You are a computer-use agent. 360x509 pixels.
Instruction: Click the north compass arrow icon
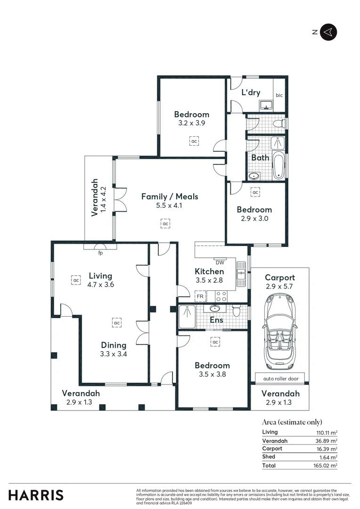[328, 32]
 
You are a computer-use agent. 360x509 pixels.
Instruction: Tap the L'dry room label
[251, 93]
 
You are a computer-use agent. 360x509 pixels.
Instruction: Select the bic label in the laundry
[279, 94]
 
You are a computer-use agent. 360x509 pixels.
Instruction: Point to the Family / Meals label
[170, 197]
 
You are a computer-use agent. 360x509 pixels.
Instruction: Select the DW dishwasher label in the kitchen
[220, 262]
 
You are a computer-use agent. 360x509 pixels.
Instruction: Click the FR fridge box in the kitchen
[200, 296]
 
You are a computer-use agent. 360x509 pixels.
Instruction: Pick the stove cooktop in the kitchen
[221, 296]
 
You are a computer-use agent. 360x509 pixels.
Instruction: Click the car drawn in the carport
[280, 331]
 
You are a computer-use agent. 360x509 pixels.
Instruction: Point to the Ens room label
[216, 320]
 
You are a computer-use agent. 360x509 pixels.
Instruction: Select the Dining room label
[114, 345]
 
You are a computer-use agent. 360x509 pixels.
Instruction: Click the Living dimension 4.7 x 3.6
[101, 284]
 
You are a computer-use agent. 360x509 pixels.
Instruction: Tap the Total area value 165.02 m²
[327, 466]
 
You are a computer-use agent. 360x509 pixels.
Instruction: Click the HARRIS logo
[36, 495]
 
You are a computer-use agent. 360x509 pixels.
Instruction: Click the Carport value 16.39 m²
[327, 449]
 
